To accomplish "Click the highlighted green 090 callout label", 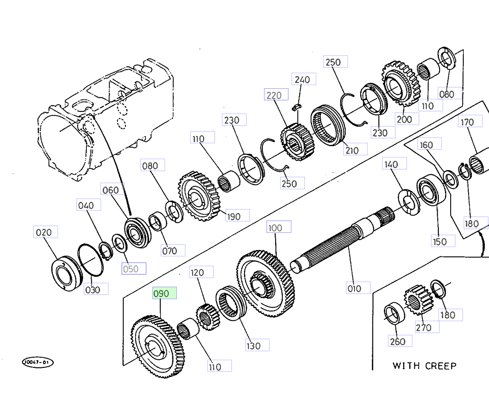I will coord(165,293).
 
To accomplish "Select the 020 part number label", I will coord(45,232).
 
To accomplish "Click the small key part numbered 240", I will coord(297,107).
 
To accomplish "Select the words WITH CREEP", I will coord(424,365).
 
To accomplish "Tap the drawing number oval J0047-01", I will coord(37,362).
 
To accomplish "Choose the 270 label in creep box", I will coord(427,326).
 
